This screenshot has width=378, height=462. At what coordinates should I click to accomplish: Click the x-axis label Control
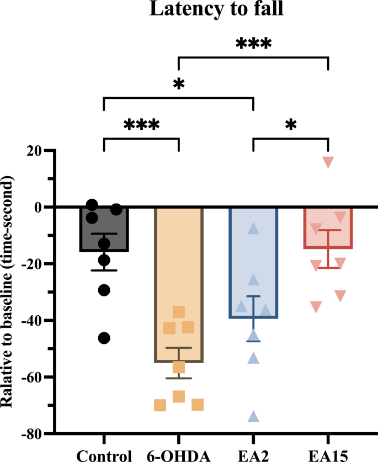104,455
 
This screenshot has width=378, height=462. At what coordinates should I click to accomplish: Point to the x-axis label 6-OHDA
178,455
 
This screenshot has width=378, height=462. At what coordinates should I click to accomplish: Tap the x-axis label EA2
253,455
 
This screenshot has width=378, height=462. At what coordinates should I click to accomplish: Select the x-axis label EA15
328,455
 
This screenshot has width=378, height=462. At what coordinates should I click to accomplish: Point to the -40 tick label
35,320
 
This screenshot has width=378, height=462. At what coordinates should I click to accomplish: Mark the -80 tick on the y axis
35,434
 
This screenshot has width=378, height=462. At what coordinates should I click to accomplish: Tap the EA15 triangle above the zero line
328,162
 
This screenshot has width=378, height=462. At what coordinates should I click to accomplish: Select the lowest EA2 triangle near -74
253,417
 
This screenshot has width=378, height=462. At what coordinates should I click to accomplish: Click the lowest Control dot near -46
104,338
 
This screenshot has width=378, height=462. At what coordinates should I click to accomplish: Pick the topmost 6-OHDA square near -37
178,312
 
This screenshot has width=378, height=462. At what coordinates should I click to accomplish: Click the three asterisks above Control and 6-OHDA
141,124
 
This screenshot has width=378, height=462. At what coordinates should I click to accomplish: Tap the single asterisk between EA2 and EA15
291,124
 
